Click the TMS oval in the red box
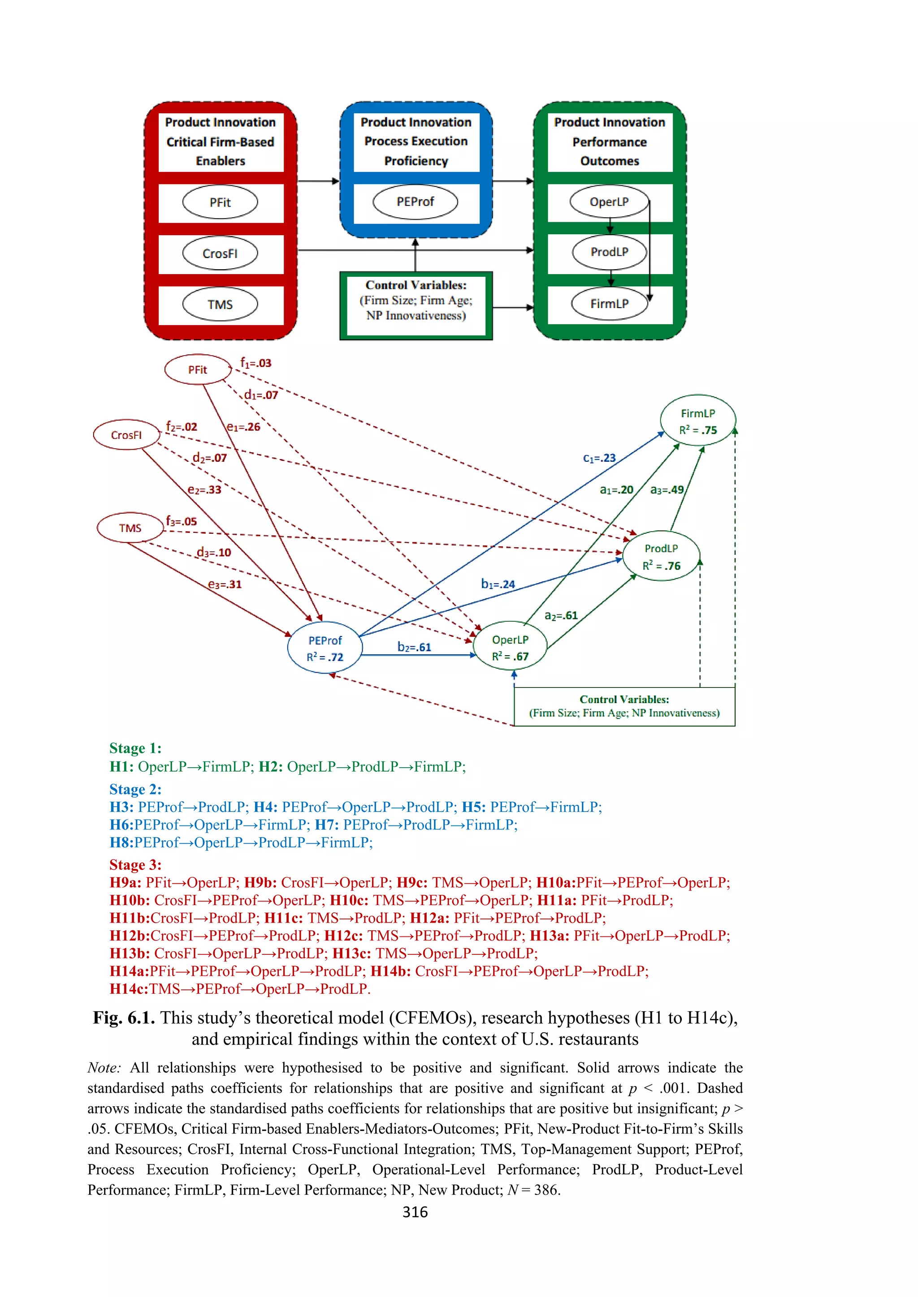point(220,305)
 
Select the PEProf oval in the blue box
point(415,202)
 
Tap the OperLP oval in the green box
point(609,202)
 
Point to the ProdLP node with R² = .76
point(661,556)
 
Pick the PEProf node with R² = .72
point(325,648)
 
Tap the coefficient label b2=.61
point(414,647)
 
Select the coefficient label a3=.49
point(667,490)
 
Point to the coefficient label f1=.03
point(255,363)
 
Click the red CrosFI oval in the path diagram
point(126,435)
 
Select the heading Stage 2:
point(135,789)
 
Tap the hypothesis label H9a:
point(125,882)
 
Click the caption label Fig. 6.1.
point(123,1018)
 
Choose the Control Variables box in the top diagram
point(416,305)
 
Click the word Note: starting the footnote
point(104,1068)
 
